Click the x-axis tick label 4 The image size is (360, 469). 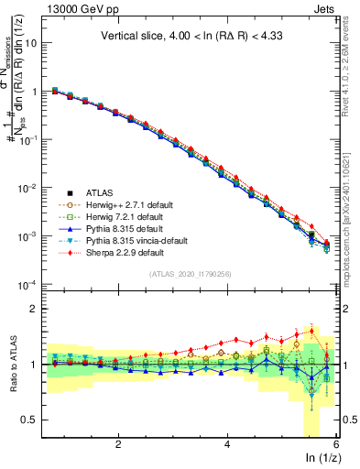click(x=227, y=444)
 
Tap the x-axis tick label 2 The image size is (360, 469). click(x=118, y=444)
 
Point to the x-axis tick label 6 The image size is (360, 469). click(x=336, y=444)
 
